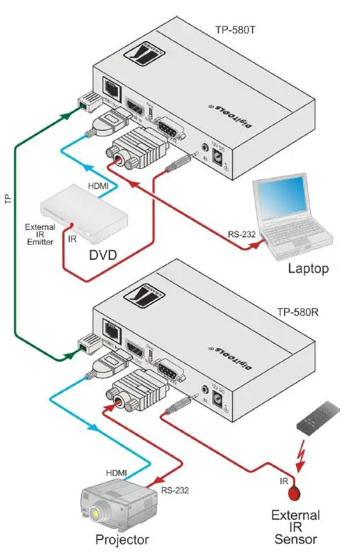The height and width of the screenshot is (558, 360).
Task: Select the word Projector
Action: coord(122,540)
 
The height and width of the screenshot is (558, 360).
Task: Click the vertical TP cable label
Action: coord(9,200)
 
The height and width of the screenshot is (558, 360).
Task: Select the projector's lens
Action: coord(95,512)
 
